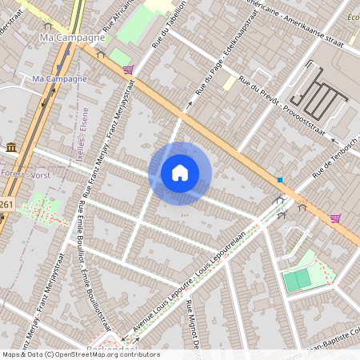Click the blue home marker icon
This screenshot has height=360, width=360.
coord(180,173)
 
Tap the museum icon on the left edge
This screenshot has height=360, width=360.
coord(11,147)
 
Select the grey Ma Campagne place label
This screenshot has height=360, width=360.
coord(72,38)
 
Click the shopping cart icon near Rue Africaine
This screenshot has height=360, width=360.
coord(128,70)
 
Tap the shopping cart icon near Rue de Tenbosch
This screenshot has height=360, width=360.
coord(335,218)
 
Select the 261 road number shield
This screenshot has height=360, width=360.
coord(6,206)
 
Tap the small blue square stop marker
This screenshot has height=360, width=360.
coord(279,179)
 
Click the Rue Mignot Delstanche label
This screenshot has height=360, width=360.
coord(194,328)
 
